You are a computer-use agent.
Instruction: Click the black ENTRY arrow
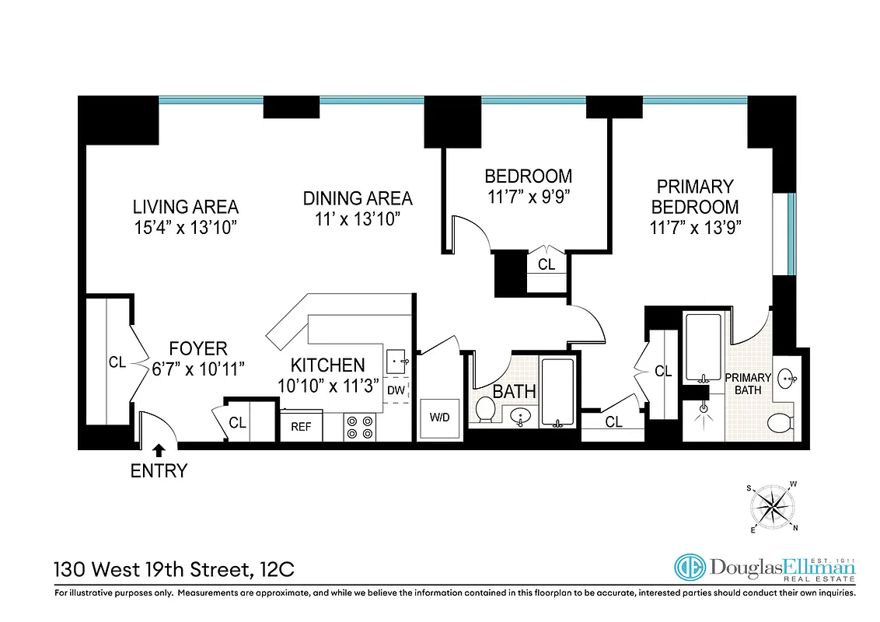(159, 449)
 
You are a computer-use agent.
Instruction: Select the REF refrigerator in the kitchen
(301, 426)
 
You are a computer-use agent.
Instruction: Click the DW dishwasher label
(396, 390)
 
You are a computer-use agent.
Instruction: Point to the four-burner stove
(360, 427)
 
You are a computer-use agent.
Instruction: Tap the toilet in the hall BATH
(486, 410)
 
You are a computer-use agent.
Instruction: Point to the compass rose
(773, 508)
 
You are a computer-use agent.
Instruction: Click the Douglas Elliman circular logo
(688, 568)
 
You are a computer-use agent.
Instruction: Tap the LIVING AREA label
(185, 207)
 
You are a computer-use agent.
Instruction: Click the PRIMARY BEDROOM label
(694, 197)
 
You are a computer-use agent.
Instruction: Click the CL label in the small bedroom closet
(547, 264)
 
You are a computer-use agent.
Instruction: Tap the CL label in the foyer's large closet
(117, 362)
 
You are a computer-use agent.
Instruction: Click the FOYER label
(198, 349)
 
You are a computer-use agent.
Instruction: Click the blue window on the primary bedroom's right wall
(791, 234)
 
